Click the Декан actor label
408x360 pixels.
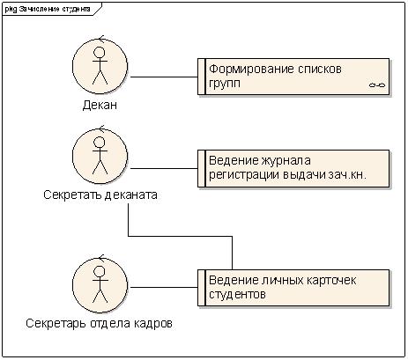(x=100, y=105)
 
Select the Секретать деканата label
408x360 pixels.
(x=100, y=195)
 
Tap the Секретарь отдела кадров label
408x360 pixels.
(x=99, y=323)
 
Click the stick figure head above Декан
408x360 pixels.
(x=100, y=52)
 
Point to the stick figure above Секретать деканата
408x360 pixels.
(x=100, y=156)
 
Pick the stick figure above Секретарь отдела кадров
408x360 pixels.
(x=100, y=284)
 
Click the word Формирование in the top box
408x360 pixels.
(x=251, y=70)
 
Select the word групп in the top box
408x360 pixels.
(x=225, y=84)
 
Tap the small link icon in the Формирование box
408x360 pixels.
(x=377, y=85)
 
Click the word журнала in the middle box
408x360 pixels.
(x=286, y=161)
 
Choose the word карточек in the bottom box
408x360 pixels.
(x=331, y=281)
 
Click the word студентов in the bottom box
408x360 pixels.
(x=237, y=294)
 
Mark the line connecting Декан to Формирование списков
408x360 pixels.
(x=164, y=77)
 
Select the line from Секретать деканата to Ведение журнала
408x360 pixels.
(x=164, y=169)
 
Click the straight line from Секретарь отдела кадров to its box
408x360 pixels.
(x=164, y=287)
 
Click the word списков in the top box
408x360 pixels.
(x=320, y=70)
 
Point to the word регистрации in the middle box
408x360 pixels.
(x=244, y=175)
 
